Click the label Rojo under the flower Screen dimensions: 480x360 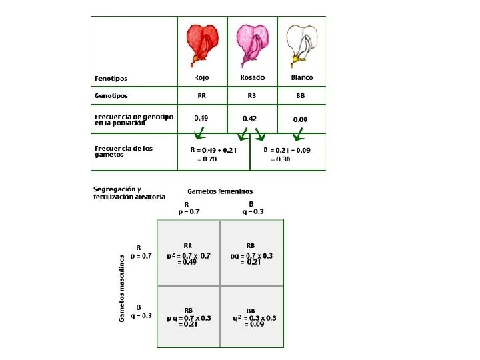click(201, 77)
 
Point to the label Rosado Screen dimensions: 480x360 click(252, 77)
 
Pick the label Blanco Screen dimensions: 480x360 click(302, 77)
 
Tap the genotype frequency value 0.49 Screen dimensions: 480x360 click(202, 118)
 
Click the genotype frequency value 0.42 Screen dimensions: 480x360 click(250, 118)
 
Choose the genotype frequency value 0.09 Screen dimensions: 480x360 click(301, 119)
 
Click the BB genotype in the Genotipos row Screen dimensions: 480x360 click(301, 96)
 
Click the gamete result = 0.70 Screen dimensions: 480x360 click(207, 159)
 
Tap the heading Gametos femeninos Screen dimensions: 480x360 click(220, 191)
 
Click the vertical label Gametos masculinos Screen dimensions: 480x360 click(123, 288)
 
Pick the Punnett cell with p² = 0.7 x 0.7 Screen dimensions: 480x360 click(189, 254)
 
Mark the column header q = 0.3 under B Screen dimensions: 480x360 click(251, 211)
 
